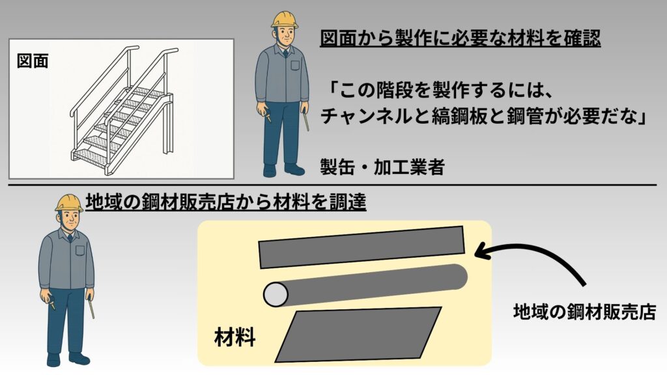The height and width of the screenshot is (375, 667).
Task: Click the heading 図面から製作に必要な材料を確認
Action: (x=460, y=39)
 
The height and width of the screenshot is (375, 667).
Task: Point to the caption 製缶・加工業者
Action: (x=382, y=167)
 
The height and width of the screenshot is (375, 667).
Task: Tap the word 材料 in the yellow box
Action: (x=234, y=338)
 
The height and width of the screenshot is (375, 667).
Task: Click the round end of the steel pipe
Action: (x=276, y=295)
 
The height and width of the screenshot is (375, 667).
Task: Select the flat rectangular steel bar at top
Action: (x=362, y=247)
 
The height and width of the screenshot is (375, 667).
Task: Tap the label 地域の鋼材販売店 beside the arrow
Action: (x=583, y=312)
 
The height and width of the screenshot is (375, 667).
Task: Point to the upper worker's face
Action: (x=284, y=36)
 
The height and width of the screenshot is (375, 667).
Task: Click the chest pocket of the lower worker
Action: (x=80, y=250)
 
